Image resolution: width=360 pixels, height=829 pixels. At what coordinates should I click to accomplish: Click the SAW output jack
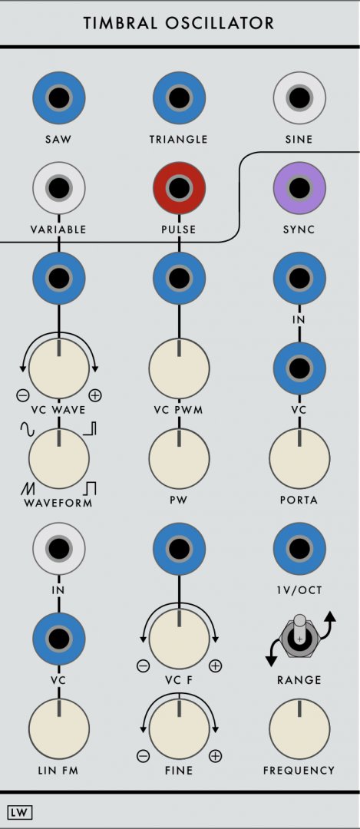[x=58, y=98]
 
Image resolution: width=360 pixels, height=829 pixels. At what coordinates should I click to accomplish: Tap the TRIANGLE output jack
[x=179, y=98]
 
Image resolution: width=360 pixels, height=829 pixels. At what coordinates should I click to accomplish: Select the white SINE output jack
[x=299, y=98]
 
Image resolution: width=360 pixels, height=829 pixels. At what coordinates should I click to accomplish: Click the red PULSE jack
[x=179, y=188]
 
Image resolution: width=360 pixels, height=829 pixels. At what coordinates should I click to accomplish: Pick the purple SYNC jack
[x=299, y=188]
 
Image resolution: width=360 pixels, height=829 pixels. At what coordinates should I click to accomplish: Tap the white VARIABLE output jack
[x=58, y=188]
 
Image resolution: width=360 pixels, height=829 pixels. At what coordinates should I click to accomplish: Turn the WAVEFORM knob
[x=58, y=458]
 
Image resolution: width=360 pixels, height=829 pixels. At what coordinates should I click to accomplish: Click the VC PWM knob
[x=179, y=368]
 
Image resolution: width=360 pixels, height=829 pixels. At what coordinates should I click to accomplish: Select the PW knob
[x=179, y=458]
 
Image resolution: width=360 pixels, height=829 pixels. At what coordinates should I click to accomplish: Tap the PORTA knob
[x=299, y=458]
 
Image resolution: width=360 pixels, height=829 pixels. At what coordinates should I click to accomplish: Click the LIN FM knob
[x=58, y=728]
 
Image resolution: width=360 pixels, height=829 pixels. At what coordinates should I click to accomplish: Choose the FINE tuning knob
[x=179, y=728]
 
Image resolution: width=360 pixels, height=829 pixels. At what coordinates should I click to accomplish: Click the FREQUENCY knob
[x=299, y=728]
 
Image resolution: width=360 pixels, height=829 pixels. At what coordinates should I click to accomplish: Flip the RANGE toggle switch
[x=299, y=636]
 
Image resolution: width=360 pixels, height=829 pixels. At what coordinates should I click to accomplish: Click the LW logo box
[x=20, y=813]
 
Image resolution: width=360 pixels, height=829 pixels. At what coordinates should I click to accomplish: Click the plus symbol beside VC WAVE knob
[x=95, y=395]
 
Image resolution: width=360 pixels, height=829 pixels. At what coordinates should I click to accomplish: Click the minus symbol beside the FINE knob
[x=144, y=757]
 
